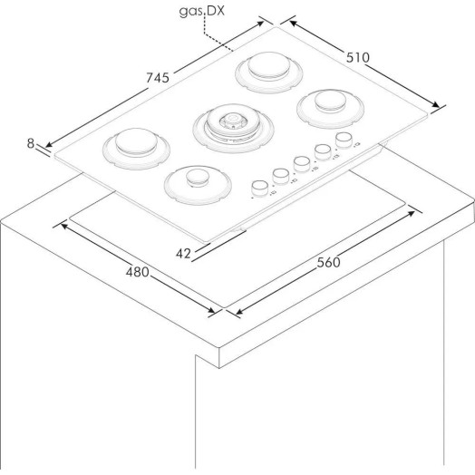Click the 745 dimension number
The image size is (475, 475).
[x=158, y=78]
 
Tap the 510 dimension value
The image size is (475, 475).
[x=358, y=57]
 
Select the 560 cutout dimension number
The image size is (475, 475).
[x=329, y=262]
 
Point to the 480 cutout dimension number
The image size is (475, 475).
[x=138, y=272]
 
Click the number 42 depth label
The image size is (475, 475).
[x=183, y=254]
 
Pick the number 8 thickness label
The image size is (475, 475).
[x=31, y=143]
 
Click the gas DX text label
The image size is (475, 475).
[x=202, y=11]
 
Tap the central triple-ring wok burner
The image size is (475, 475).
[x=233, y=128]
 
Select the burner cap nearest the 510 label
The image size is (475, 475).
[x=330, y=101]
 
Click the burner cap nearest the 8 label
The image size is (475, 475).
[x=136, y=141]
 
